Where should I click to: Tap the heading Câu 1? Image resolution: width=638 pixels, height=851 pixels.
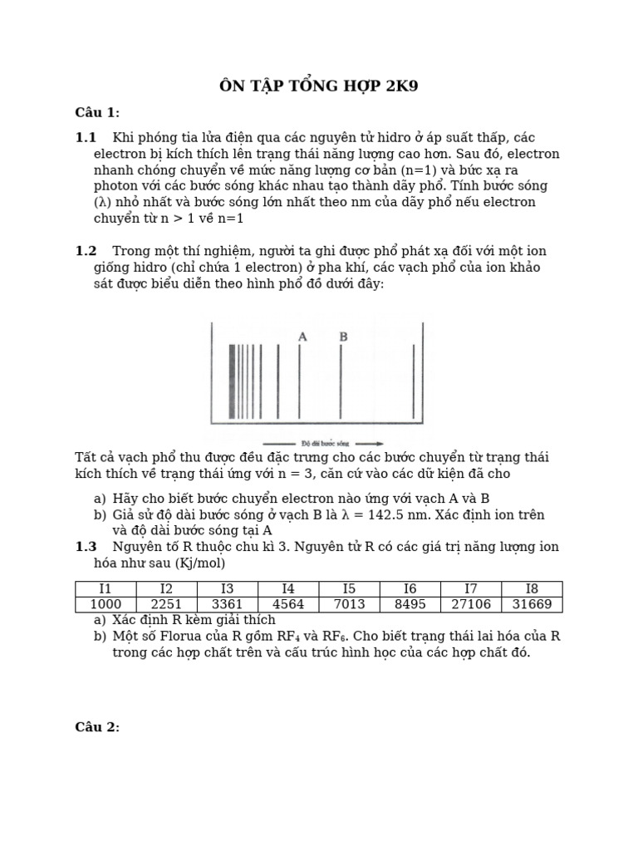[x=97, y=113]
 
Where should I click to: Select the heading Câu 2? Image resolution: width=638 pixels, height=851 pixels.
[x=97, y=727]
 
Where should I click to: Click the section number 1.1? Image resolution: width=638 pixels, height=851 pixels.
[x=86, y=138]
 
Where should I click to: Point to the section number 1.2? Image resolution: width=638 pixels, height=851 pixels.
[x=86, y=251]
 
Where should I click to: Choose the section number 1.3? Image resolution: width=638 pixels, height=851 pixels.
[x=86, y=546]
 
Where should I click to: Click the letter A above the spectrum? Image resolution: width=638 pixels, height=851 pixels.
[x=302, y=337]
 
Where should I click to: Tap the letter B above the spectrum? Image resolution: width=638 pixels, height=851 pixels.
[x=343, y=337]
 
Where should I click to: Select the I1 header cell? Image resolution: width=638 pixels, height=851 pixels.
[x=106, y=589]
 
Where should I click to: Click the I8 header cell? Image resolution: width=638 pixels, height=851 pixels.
[x=532, y=589]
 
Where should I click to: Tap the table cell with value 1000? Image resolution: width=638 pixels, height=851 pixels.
[x=106, y=604]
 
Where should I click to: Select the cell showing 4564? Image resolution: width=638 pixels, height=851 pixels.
[x=288, y=604]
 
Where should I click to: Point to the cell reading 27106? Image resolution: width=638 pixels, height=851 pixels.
[x=471, y=604]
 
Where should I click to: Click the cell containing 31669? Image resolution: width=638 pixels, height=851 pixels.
[x=532, y=604]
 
